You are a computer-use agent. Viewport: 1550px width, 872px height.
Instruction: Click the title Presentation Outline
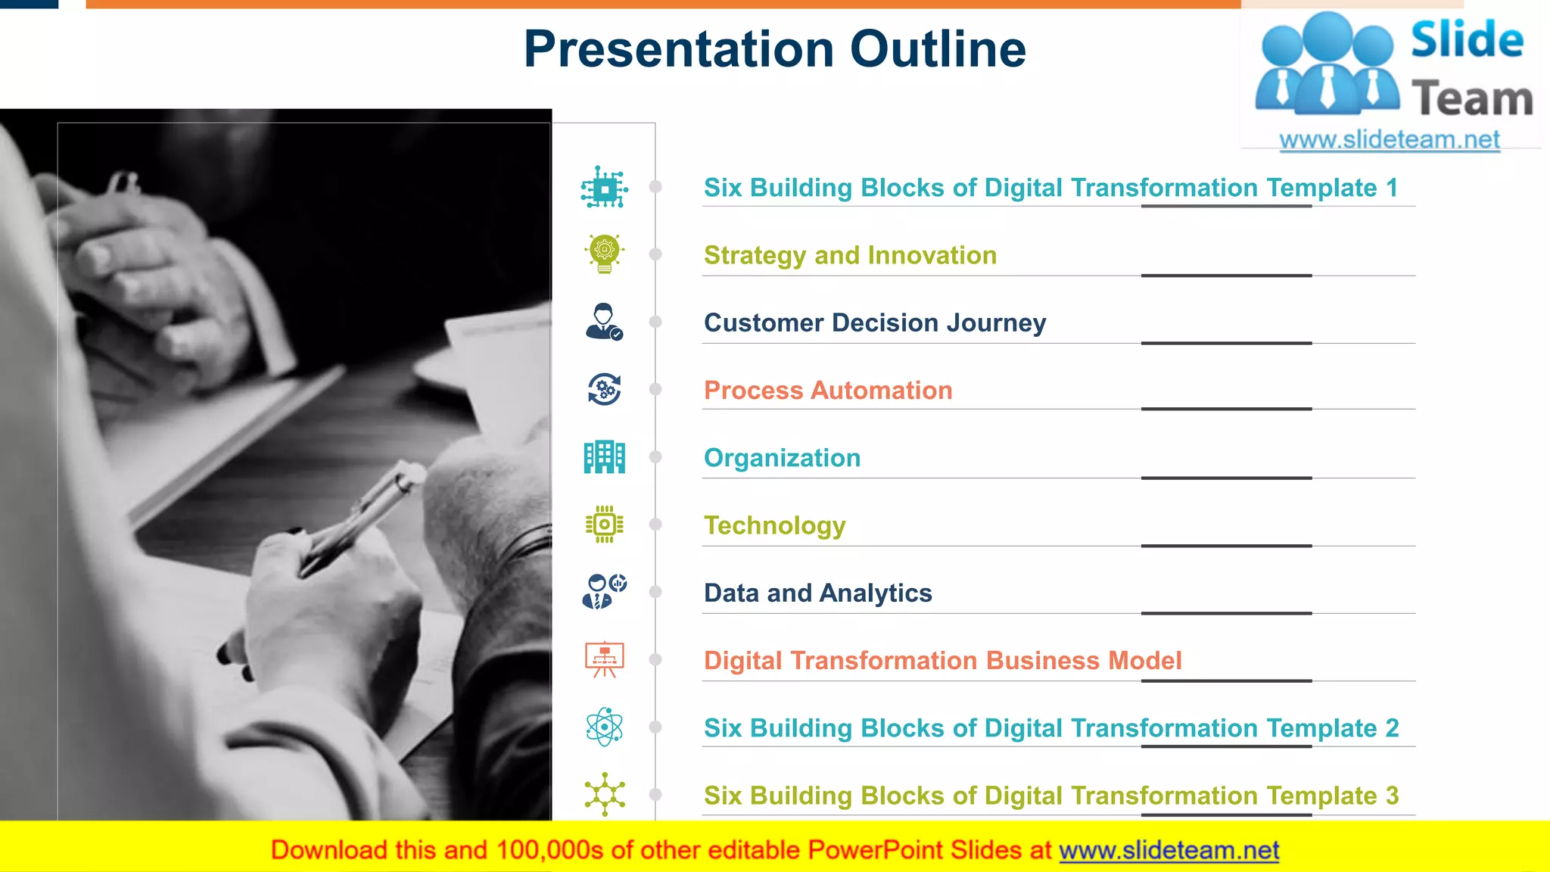point(774,50)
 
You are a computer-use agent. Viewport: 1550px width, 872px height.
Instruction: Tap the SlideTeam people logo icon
point(1327,65)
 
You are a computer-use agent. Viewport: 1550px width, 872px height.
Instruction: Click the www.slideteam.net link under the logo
point(1390,140)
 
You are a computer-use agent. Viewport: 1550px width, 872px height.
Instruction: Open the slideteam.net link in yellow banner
point(1169,851)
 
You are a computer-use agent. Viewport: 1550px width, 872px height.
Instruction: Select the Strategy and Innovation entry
point(850,256)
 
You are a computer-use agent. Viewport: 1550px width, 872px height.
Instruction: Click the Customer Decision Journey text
point(874,323)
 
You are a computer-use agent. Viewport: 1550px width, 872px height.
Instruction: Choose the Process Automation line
point(828,391)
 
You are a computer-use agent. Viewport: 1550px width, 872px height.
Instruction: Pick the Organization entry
point(782,458)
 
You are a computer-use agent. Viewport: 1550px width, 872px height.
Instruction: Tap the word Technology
point(774,525)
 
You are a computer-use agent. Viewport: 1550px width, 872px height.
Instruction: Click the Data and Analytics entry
point(817,593)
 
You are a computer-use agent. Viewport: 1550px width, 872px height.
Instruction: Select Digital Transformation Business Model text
point(942,661)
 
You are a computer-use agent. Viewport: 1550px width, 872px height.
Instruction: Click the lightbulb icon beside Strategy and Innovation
point(604,254)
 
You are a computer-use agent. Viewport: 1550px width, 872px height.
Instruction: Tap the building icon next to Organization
point(604,457)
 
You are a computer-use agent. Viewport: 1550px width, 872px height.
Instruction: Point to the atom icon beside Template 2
point(604,727)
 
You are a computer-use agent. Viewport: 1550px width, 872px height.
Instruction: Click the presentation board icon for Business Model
point(604,659)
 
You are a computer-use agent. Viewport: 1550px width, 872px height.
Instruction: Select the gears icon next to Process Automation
point(604,389)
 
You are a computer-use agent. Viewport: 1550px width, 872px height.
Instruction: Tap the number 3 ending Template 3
point(1392,796)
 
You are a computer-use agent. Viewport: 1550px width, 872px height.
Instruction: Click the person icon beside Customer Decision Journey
point(604,322)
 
